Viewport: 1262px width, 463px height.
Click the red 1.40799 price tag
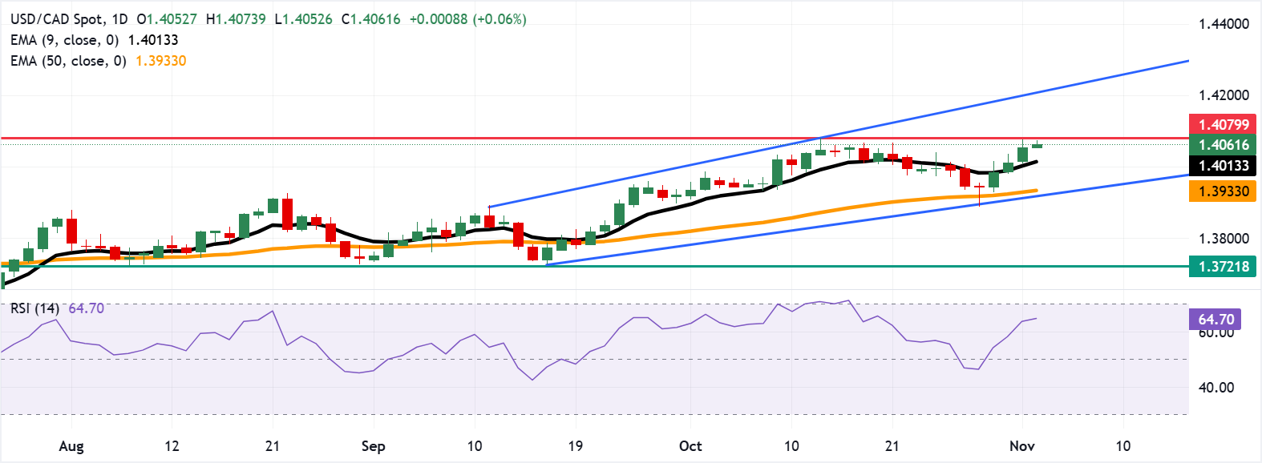click(x=1224, y=124)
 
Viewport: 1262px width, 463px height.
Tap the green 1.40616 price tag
click(x=1224, y=145)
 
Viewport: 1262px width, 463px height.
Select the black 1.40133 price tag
click(x=1224, y=166)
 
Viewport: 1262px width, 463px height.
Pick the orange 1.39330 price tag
click(x=1224, y=191)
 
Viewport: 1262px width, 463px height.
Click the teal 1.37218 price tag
click(x=1224, y=267)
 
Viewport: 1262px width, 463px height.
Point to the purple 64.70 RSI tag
click(x=1215, y=320)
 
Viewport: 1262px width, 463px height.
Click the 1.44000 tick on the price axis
click(x=1224, y=24)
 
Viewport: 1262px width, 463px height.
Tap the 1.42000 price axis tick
click(x=1224, y=95)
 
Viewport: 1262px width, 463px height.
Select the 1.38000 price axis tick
click(x=1224, y=239)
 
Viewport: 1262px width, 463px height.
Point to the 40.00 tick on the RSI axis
click(x=1215, y=388)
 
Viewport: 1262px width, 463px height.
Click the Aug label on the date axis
click(x=71, y=446)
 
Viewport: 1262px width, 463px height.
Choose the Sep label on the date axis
click(x=373, y=446)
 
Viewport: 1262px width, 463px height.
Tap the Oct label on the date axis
click(x=690, y=446)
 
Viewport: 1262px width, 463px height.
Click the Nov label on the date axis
click(x=1021, y=446)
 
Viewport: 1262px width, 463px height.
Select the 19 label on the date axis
click(x=575, y=446)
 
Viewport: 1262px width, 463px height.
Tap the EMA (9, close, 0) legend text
click(x=64, y=40)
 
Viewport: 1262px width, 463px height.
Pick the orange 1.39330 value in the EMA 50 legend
click(x=160, y=61)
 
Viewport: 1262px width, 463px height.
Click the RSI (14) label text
click(x=34, y=308)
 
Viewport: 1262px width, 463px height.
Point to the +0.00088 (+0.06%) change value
click(x=467, y=19)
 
